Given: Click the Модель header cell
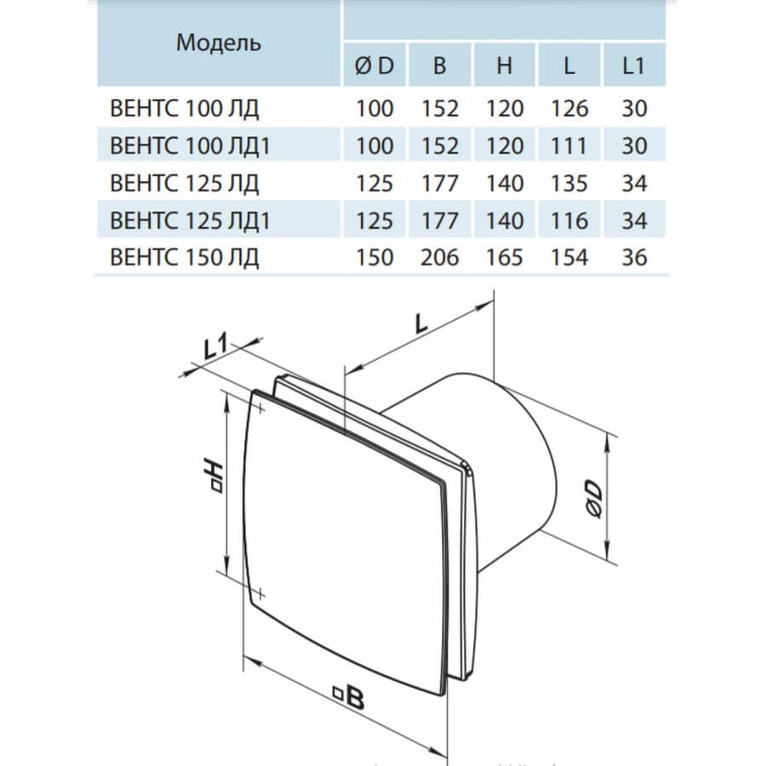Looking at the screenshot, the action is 219,43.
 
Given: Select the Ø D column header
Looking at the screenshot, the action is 374,66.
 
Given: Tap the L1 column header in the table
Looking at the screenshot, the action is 634,66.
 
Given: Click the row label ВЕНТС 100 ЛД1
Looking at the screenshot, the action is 190,146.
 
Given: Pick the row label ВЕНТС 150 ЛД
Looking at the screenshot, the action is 184,257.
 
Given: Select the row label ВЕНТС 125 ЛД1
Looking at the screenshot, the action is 190,220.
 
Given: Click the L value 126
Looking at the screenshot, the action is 569,108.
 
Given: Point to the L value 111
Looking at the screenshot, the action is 569,146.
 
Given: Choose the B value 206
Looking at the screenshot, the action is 440,257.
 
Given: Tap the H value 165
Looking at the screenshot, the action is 504,257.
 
